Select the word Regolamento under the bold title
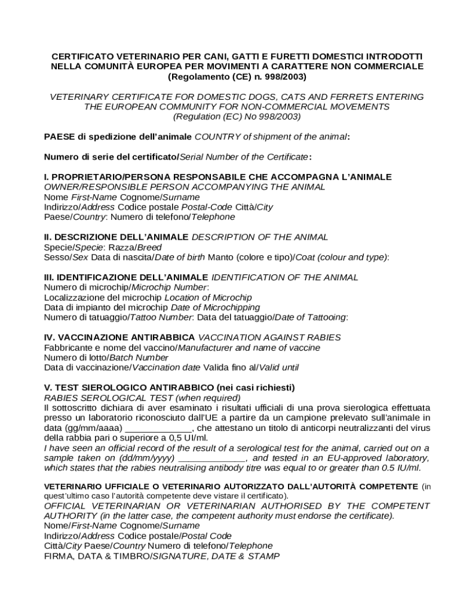tap(198, 76)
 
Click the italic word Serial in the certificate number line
tap(192, 157)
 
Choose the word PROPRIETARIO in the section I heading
tap(84, 177)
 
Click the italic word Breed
tap(149, 247)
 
